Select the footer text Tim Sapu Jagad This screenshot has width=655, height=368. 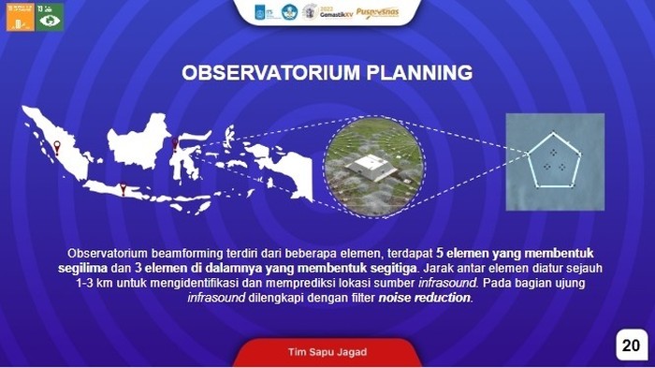tap(327, 352)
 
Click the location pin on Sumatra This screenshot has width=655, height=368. tap(57, 146)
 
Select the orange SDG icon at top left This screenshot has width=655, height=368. tap(20, 17)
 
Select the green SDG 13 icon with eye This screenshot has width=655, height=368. tap(50, 17)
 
